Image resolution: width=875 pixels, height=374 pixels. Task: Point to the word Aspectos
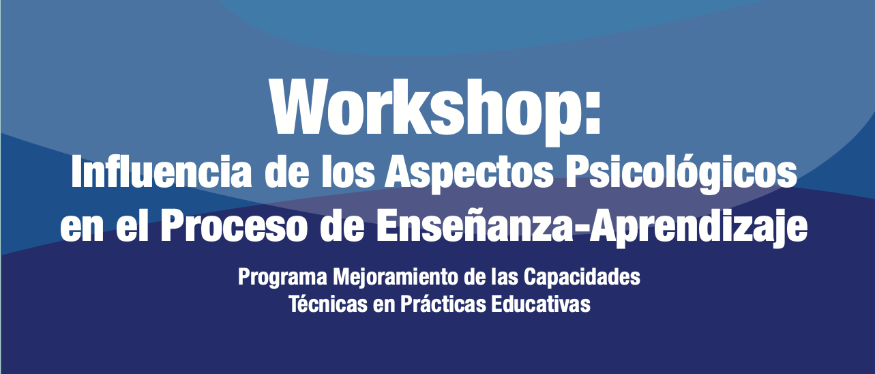(x=469, y=175)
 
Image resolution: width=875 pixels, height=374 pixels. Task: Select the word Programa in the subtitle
(x=283, y=278)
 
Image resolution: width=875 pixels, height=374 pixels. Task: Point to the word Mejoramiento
(x=395, y=278)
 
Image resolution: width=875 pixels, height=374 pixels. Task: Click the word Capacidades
(x=582, y=278)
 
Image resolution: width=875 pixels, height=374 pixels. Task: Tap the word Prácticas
(x=443, y=303)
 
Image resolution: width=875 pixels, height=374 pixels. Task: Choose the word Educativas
(x=541, y=303)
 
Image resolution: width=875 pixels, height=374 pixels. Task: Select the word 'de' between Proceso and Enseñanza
(x=342, y=227)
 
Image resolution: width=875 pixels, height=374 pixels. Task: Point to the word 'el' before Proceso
(x=132, y=227)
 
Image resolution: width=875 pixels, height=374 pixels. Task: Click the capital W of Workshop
(x=297, y=106)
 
